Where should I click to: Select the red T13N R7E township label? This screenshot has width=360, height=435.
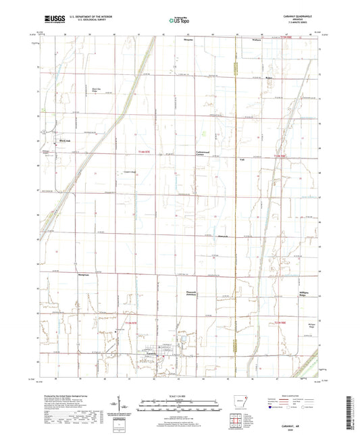pos(130,324)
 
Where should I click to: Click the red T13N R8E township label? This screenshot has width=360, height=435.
pos(282,323)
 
